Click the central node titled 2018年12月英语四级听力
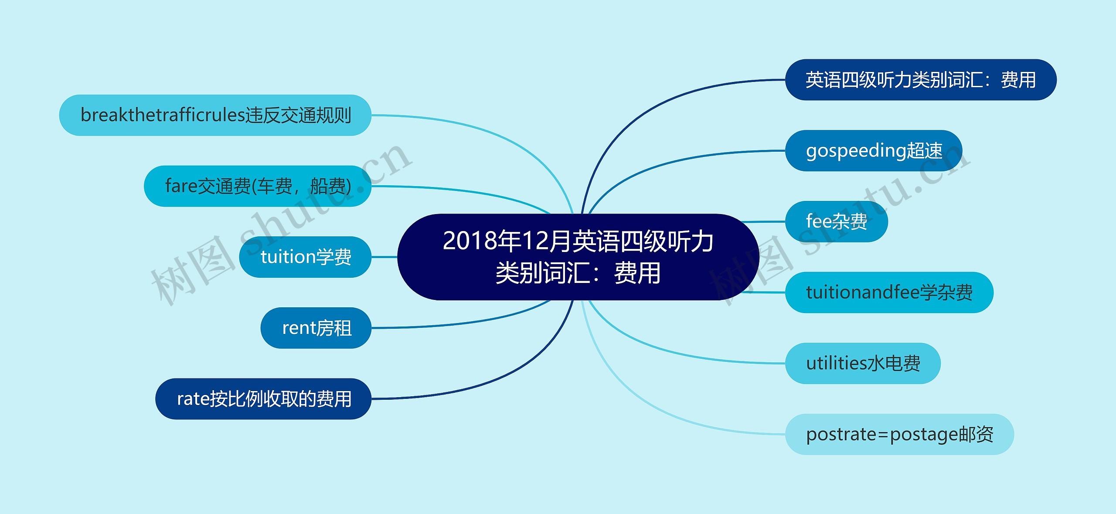tap(578, 257)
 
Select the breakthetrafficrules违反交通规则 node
tap(215, 115)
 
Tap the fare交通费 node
tap(258, 186)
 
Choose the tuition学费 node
tap(305, 257)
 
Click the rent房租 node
tap(316, 328)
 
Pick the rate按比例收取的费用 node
tap(263, 399)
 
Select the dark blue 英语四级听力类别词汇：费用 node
tap(921, 80)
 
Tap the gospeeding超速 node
tap(874, 151)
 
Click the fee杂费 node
tap(837, 221)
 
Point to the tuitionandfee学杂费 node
tap(889, 293)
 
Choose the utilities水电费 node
tap(863, 364)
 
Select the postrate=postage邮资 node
tap(899, 434)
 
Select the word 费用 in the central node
tap(637, 273)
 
